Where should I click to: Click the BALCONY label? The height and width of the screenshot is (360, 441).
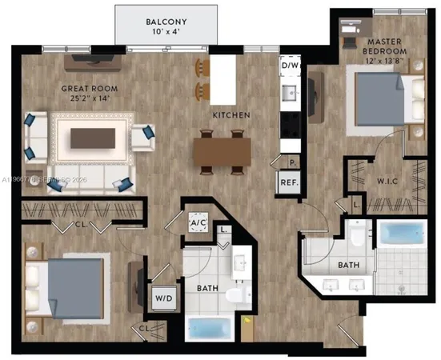click(x=166, y=21)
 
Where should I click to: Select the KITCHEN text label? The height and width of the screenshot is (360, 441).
click(x=231, y=115)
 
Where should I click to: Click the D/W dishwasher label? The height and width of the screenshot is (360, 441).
click(x=288, y=65)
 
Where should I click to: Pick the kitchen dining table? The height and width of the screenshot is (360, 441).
click(x=222, y=150)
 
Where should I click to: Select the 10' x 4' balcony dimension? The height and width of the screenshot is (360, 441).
click(x=166, y=32)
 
